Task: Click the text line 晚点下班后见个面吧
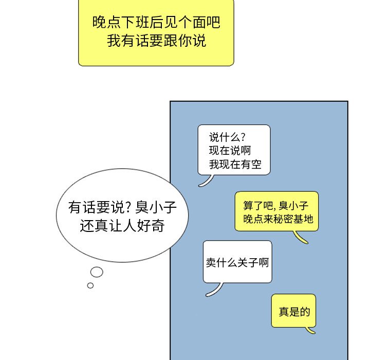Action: pyautogui.click(x=156, y=23)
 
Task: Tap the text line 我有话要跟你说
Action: pyautogui.click(x=156, y=41)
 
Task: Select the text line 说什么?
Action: pyautogui.click(x=227, y=137)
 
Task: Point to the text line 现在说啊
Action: pyautogui.click(x=230, y=151)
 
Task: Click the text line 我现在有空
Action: pyautogui.click(x=233, y=165)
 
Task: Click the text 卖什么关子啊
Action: pyautogui.click(x=237, y=262)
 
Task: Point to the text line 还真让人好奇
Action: pyautogui.click(x=122, y=226)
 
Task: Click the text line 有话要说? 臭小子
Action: pyautogui.click(x=122, y=208)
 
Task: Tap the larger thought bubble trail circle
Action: pyautogui.click(x=97, y=272)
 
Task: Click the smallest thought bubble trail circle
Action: pyautogui.click(x=90, y=285)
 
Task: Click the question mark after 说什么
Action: pyautogui.click(x=243, y=137)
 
